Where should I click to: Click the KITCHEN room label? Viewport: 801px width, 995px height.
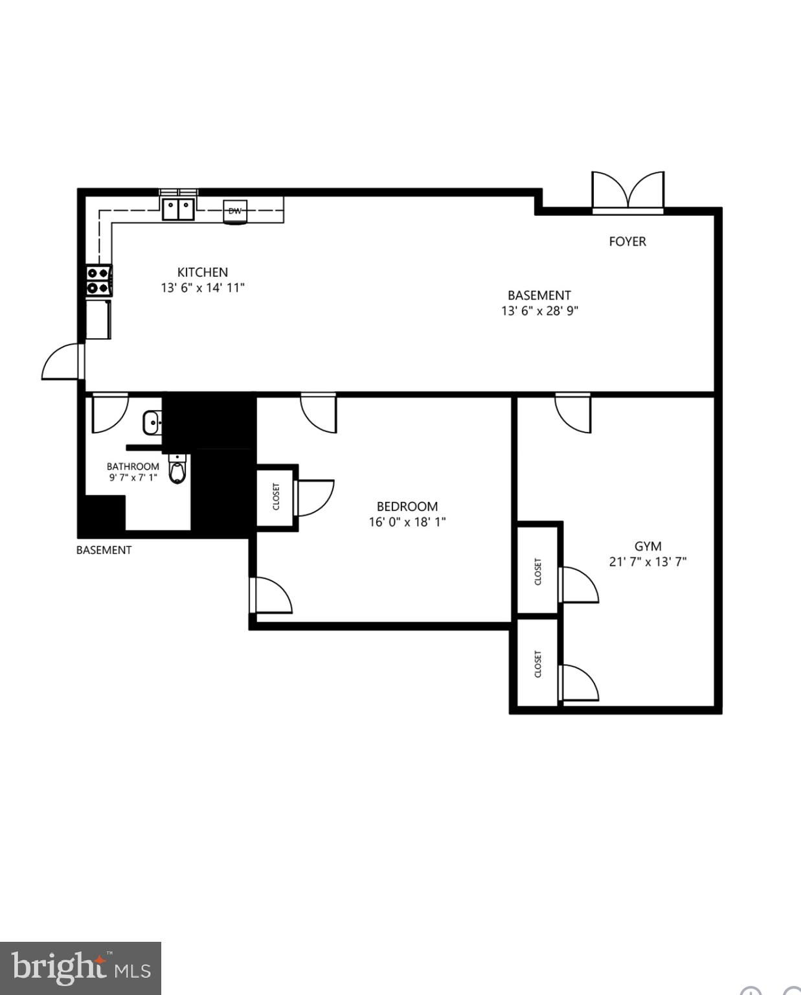pyautogui.click(x=203, y=272)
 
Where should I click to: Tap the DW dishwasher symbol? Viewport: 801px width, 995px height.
pyautogui.click(x=235, y=211)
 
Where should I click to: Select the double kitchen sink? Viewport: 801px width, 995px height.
pyautogui.click(x=178, y=209)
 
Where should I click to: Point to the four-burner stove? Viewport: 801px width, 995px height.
pyautogui.click(x=99, y=280)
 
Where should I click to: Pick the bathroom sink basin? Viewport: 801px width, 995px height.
pyautogui.click(x=152, y=422)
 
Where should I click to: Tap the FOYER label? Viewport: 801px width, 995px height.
pyautogui.click(x=627, y=242)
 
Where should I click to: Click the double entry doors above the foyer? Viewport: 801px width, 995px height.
pyautogui.click(x=627, y=191)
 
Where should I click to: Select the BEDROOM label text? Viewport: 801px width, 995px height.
pyautogui.click(x=407, y=507)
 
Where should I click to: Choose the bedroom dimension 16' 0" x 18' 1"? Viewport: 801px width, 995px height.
pyautogui.click(x=407, y=522)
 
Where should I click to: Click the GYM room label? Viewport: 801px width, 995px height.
pyautogui.click(x=648, y=546)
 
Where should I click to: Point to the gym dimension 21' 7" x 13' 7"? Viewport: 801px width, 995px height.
pyautogui.click(x=648, y=562)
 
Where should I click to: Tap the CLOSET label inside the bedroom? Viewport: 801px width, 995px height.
pyautogui.click(x=276, y=497)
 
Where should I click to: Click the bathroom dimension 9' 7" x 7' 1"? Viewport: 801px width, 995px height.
pyautogui.click(x=133, y=477)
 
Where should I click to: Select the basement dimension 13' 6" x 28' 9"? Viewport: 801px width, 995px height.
pyautogui.click(x=540, y=311)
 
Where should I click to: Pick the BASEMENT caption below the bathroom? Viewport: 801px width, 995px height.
pyautogui.click(x=104, y=550)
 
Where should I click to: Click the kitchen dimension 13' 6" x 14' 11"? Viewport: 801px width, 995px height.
pyautogui.click(x=203, y=288)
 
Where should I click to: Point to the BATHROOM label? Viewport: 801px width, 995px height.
pyautogui.click(x=133, y=466)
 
